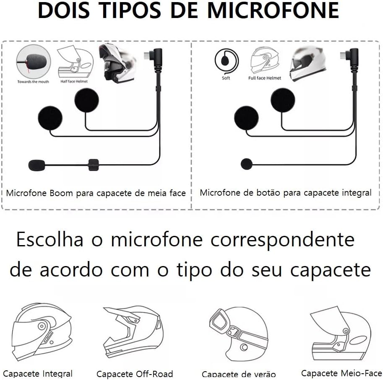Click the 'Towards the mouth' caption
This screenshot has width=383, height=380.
[x=33, y=82]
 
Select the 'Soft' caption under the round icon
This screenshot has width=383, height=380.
[x=226, y=78]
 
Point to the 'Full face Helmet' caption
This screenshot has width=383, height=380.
[x=265, y=78]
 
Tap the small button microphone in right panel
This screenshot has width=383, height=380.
[x=246, y=164]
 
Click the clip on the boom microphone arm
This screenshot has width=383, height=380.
[x=94, y=165]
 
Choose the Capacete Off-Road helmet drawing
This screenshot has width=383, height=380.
[x=133, y=333]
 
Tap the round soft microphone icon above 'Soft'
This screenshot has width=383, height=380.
[x=226, y=61]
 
